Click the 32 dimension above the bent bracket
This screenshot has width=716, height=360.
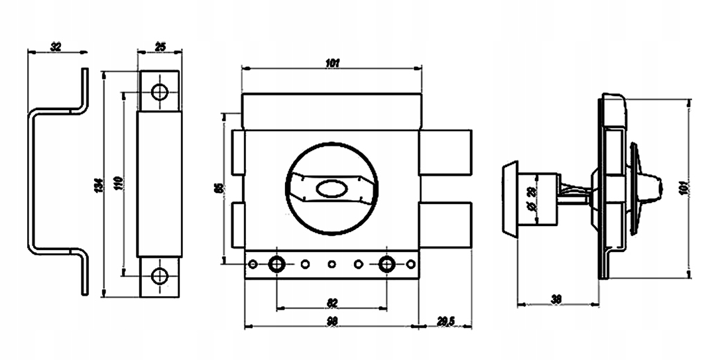(55, 46)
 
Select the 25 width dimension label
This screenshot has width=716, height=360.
(160, 46)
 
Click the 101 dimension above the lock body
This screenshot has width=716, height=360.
(332, 64)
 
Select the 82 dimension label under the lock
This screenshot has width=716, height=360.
(332, 303)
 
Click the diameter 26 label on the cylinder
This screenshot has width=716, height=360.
(530, 198)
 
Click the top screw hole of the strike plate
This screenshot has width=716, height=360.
(159, 92)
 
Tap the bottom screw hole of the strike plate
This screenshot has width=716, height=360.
(159, 276)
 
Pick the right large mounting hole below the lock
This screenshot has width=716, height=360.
(387, 265)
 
